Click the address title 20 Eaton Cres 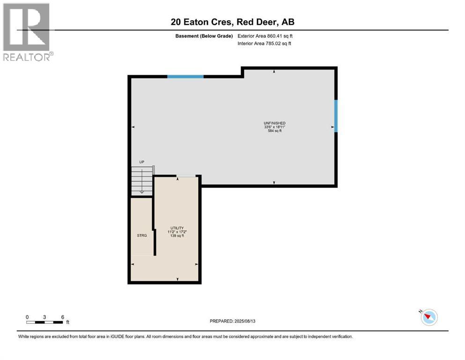tap(232, 22)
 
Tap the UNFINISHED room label tap(274, 123)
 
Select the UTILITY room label tap(177, 228)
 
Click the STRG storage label tap(142, 235)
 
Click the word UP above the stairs tap(141, 162)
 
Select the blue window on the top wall tap(185, 76)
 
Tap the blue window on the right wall tap(336, 116)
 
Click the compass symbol tap(429, 317)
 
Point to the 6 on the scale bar tap(62, 317)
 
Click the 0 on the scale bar tap(27, 317)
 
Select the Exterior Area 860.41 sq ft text tap(266, 36)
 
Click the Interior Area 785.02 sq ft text tap(265, 44)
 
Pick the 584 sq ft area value tap(274, 131)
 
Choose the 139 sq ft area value tap(177, 236)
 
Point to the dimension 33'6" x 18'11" tap(274, 127)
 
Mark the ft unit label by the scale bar tap(67, 322)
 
